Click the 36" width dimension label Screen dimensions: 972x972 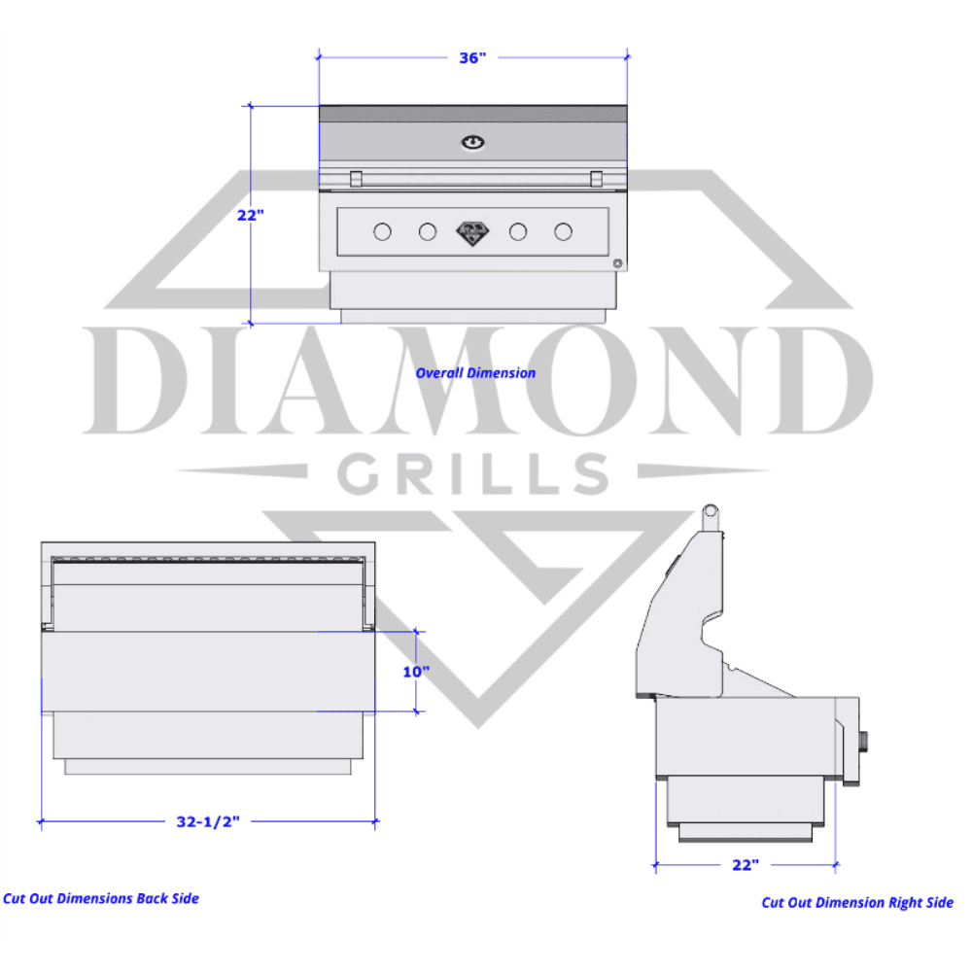pyautogui.click(x=472, y=57)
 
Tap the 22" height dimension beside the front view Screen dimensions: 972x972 pyautogui.click(x=251, y=215)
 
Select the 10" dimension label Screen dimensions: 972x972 pyautogui.click(x=416, y=672)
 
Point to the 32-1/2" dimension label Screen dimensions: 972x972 pyautogui.click(x=208, y=821)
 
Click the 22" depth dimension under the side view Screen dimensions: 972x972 pyautogui.click(x=746, y=865)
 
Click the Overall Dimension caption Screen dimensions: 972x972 pyautogui.click(x=475, y=373)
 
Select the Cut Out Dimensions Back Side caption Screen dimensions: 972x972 pyautogui.click(x=101, y=899)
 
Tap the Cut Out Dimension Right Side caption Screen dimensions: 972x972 pyautogui.click(x=857, y=903)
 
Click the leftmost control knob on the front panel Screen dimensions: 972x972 pyautogui.click(x=382, y=232)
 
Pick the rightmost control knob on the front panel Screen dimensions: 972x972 pyautogui.click(x=563, y=232)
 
